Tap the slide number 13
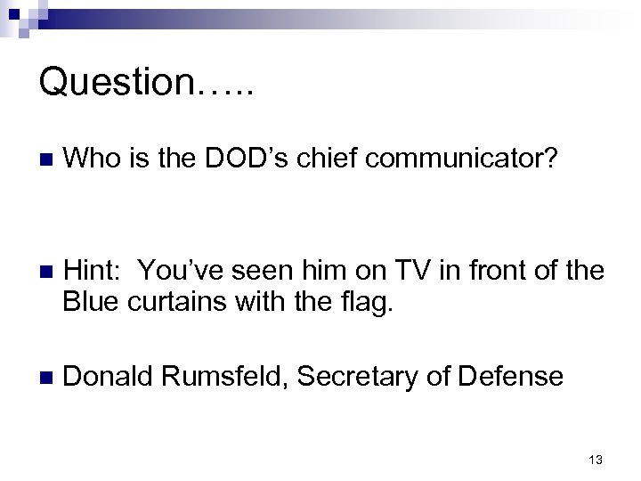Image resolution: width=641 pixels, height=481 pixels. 596,460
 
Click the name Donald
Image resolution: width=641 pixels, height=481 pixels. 108,377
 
